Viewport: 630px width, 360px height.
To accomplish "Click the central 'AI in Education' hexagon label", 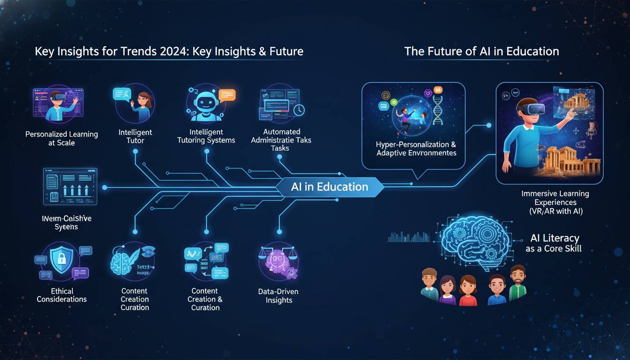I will (330, 187).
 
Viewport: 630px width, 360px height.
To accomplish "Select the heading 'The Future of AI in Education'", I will (481, 51).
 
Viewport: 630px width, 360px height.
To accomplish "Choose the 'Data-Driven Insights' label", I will (278, 296).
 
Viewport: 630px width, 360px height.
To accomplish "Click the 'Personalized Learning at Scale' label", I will (61, 138).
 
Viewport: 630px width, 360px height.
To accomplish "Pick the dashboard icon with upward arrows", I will (70, 187).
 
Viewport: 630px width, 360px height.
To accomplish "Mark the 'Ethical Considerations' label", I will (61, 295).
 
